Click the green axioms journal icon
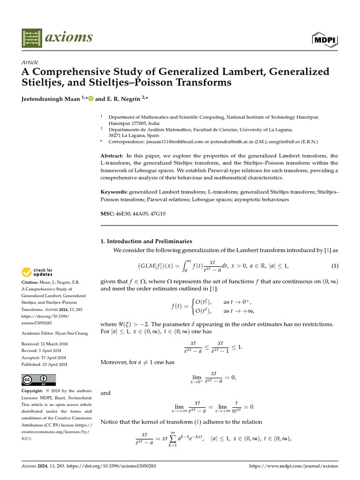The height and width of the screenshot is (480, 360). point(32,37)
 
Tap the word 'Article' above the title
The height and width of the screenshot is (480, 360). point(30,62)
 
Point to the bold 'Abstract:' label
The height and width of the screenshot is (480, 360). point(112,156)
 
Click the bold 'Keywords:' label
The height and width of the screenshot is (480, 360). point(114,192)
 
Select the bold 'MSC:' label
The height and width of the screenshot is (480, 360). point(107,214)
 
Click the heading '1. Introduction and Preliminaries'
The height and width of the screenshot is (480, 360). point(146,241)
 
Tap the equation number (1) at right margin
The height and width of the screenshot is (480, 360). point(335,266)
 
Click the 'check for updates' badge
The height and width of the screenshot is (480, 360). point(37,272)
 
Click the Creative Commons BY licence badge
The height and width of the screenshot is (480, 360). point(38,380)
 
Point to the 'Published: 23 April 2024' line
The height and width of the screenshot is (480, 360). point(45,364)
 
